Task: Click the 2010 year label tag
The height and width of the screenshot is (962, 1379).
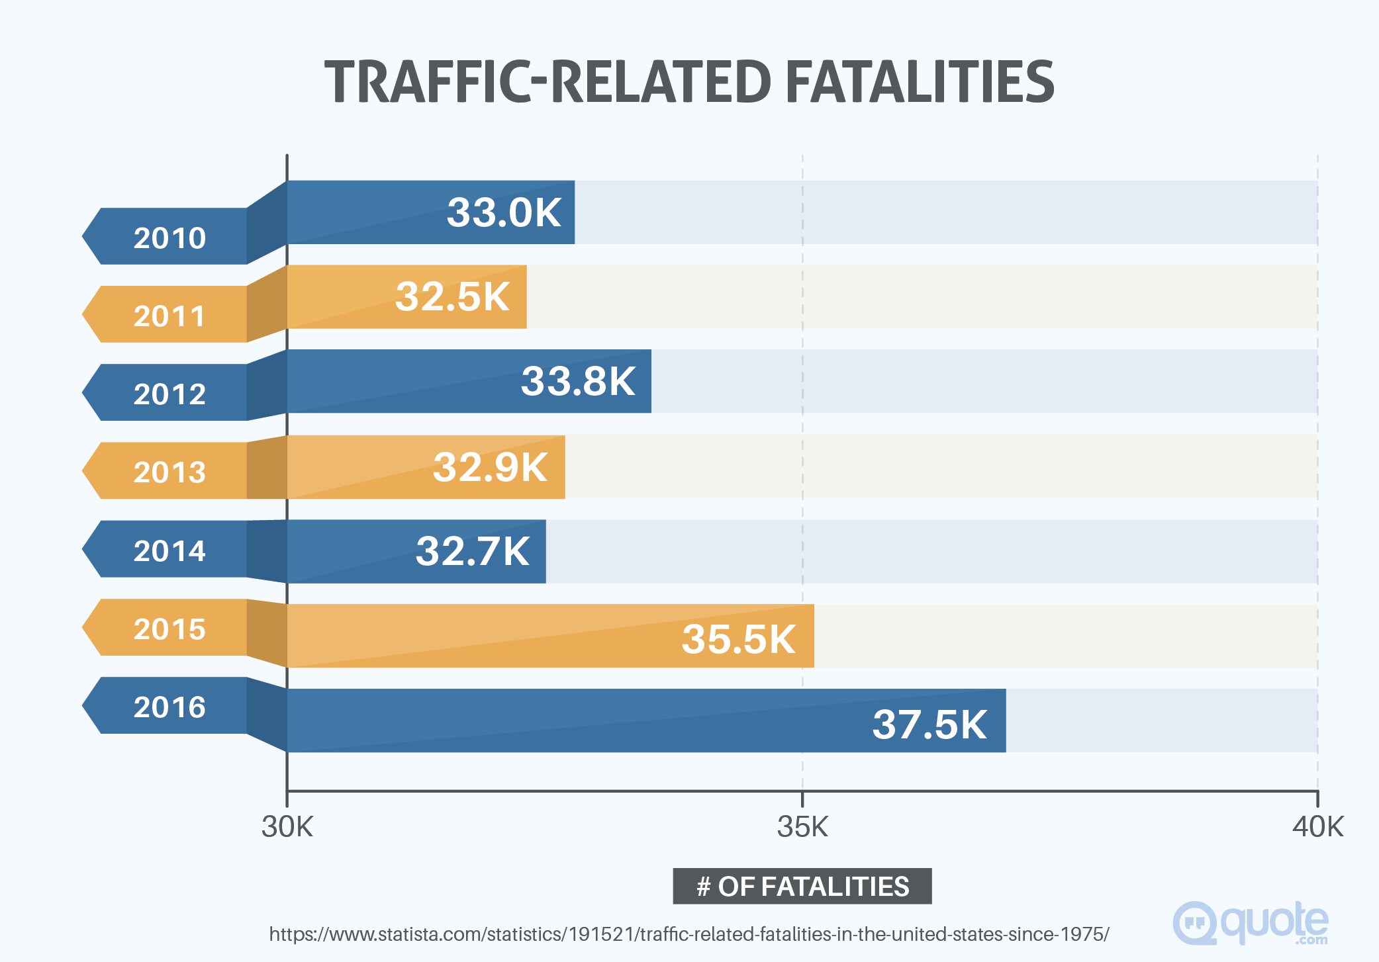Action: click(169, 238)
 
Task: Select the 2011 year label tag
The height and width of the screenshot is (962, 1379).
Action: click(169, 316)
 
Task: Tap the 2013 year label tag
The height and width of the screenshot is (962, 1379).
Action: click(169, 472)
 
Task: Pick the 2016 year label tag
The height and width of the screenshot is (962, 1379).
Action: click(169, 707)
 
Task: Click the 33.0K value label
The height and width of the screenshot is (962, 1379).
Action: click(504, 212)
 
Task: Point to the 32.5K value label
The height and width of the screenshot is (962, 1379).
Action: click(452, 296)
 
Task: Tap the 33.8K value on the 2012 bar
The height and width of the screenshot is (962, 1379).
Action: click(578, 381)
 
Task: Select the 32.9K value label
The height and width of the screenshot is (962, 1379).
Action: click(490, 467)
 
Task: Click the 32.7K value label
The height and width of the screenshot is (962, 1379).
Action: click(472, 551)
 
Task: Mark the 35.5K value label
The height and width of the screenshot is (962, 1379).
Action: click(738, 639)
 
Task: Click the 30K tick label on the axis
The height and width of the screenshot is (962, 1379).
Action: click(287, 827)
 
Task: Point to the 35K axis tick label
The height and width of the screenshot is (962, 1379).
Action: click(802, 827)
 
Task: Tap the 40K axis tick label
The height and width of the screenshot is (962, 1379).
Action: click(1317, 827)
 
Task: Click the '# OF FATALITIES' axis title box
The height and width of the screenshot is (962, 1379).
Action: click(802, 886)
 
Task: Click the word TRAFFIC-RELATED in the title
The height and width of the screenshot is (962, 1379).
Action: click(547, 82)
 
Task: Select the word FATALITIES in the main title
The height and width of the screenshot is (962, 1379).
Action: click(920, 82)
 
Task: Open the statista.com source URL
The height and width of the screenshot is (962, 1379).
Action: click(689, 934)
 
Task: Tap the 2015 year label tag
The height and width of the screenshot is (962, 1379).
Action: click(169, 629)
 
